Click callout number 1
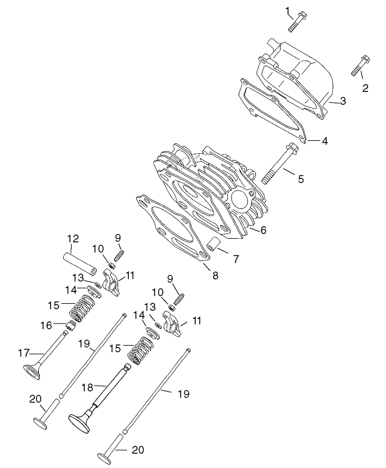point(288,10)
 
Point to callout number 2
point(365,88)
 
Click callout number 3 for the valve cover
point(342,101)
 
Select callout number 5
point(301,178)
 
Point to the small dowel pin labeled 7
point(214,244)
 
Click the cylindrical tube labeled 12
point(79,263)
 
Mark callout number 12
point(73,239)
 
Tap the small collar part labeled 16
point(70,327)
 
